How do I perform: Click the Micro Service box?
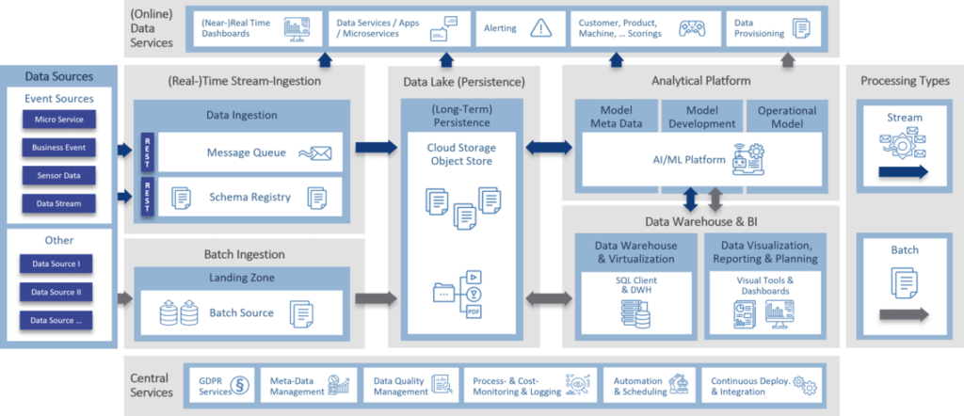coord(59,120)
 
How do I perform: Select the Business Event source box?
coord(59,148)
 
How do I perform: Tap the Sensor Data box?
coord(59,176)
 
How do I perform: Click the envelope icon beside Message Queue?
coord(314,153)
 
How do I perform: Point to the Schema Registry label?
coord(249,198)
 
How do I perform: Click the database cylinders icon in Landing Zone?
coord(179,313)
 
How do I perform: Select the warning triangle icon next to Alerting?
coord(540,28)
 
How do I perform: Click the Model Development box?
coord(701,117)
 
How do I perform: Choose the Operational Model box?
coord(787,117)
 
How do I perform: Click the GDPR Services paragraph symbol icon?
coord(240,385)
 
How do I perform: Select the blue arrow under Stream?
coord(903,172)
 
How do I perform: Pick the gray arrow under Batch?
coord(903,314)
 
